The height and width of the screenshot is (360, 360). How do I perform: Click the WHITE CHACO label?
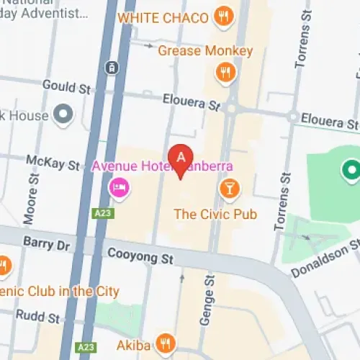click(163, 17)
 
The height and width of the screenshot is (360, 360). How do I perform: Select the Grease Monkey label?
click(205, 51)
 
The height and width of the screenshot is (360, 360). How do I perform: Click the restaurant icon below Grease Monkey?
click(225, 71)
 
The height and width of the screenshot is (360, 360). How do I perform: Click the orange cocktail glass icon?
click(230, 189)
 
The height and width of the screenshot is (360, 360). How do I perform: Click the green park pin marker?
click(351, 170)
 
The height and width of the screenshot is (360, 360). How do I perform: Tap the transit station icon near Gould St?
click(112, 67)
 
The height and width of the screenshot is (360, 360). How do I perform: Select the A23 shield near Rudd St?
click(85, 347)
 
